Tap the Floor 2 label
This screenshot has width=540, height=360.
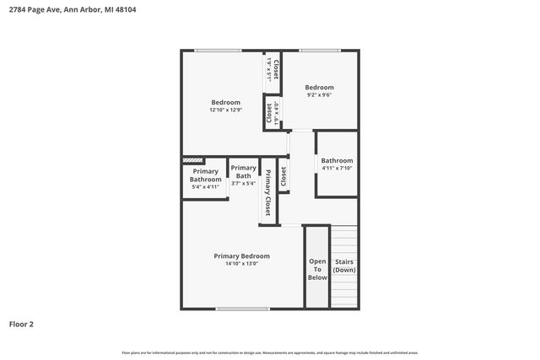tap(22, 324)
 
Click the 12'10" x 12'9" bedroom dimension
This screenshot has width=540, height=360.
tap(225, 110)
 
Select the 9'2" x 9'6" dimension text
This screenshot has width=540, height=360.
tap(319, 95)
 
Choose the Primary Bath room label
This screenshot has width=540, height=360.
tap(243, 171)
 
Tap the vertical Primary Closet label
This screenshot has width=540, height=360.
tap(268, 193)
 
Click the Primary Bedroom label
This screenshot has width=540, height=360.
tap(241, 256)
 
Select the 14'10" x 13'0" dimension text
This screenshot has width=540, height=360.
tap(241, 264)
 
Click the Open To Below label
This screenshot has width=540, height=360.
tap(317, 269)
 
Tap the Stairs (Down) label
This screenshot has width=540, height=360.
tap(344, 266)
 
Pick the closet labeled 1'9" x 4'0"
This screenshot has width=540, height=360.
tap(272, 114)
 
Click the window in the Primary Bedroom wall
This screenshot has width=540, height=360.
tap(242, 309)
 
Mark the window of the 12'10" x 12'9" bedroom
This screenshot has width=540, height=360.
tap(219, 51)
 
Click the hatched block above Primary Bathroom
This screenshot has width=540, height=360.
tap(193, 159)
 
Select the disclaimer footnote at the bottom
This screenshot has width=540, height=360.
tap(270, 352)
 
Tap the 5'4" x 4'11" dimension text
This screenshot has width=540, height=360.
tap(205, 188)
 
